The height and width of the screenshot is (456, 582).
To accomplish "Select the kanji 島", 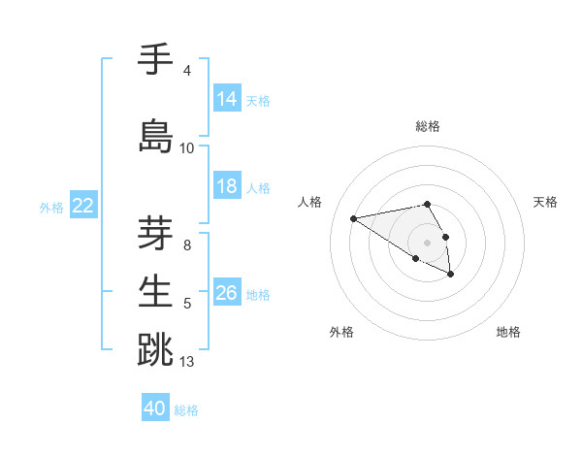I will click(x=156, y=136).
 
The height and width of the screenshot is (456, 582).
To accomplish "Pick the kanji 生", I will click(x=156, y=290).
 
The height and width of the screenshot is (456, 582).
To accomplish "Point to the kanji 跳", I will click(x=156, y=348).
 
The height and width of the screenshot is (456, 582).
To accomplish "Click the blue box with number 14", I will click(x=227, y=99).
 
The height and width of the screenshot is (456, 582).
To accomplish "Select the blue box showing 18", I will click(x=227, y=186).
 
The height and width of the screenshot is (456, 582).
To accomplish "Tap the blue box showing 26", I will click(x=227, y=293).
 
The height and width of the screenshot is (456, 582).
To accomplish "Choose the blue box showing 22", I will click(x=84, y=206).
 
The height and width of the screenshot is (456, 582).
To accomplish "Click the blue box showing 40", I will click(x=155, y=408).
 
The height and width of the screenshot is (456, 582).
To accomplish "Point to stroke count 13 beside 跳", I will click(x=187, y=362).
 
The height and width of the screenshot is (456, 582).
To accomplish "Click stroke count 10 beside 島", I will click(x=187, y=147).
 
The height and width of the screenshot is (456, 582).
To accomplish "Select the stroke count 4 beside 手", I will click(x=187, y=71).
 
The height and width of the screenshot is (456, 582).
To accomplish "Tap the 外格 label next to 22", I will click(x=51, y=207).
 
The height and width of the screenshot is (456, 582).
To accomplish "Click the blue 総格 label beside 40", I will click(x=186, y=410).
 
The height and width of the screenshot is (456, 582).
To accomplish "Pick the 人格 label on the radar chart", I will click(x=310, y=202).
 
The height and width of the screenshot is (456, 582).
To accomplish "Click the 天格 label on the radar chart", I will click(x=545, y=202).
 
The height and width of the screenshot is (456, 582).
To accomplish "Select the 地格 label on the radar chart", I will click(x=508, y=332).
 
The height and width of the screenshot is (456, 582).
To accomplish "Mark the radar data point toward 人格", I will click(x=354, y=217).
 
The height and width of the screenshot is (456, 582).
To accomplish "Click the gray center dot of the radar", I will click(x=428, y=242).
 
